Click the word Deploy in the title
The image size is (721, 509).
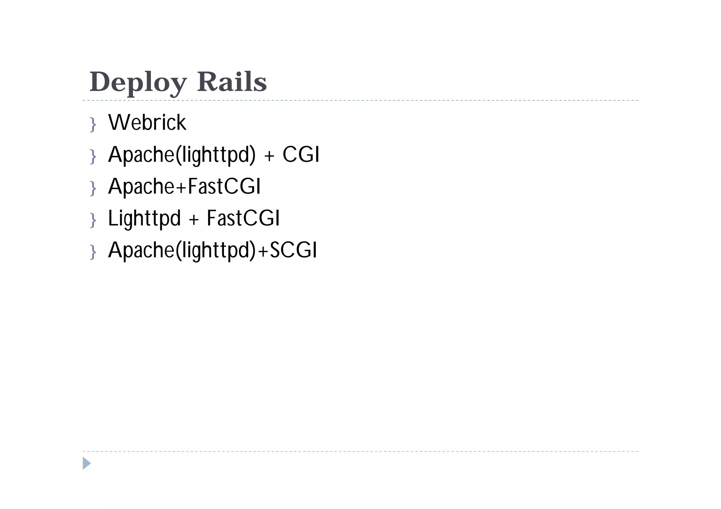[138, 82]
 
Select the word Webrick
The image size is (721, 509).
[147, 122]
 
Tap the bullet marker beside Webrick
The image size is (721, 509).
[93, 124]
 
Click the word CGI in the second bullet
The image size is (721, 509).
[301, 154]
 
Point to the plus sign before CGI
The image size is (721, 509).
[269, 156]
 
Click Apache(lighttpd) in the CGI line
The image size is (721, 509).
[182, 154]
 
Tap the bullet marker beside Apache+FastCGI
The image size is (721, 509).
[93, 188]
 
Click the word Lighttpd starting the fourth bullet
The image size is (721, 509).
[144, 218]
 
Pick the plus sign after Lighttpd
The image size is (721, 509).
[194, 220]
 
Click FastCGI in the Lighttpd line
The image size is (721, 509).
[243, 218]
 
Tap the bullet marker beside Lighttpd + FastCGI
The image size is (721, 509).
[93, 220]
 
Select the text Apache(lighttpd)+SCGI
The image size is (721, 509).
[213, 250]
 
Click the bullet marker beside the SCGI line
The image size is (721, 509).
[93, 252]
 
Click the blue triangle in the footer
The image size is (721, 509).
[86, 463]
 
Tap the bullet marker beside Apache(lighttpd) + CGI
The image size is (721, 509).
[93, 156]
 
